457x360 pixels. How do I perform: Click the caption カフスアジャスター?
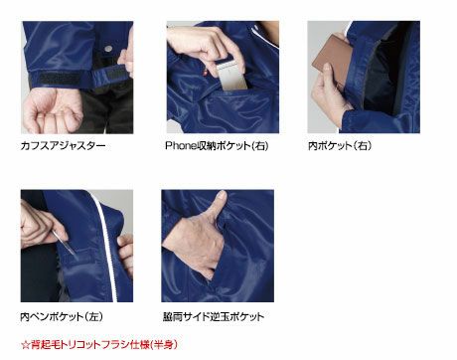coord(63,145)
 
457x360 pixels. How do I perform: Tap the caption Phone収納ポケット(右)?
coord(217,145)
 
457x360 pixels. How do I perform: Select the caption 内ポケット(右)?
coord(340,145)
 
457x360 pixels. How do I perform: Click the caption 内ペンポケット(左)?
coord(62,316)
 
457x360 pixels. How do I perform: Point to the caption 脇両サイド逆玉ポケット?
coord(214,316)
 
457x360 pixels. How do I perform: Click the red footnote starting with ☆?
coord(99,344)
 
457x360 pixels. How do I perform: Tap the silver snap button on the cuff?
coord(108,49)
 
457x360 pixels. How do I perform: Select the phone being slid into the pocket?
coord(231,77)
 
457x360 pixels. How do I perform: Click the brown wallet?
coord(331,60)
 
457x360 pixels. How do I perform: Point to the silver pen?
coord(64,243)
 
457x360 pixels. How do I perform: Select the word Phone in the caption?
coord(182,145)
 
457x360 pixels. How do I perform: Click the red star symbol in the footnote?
coord(25,345)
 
